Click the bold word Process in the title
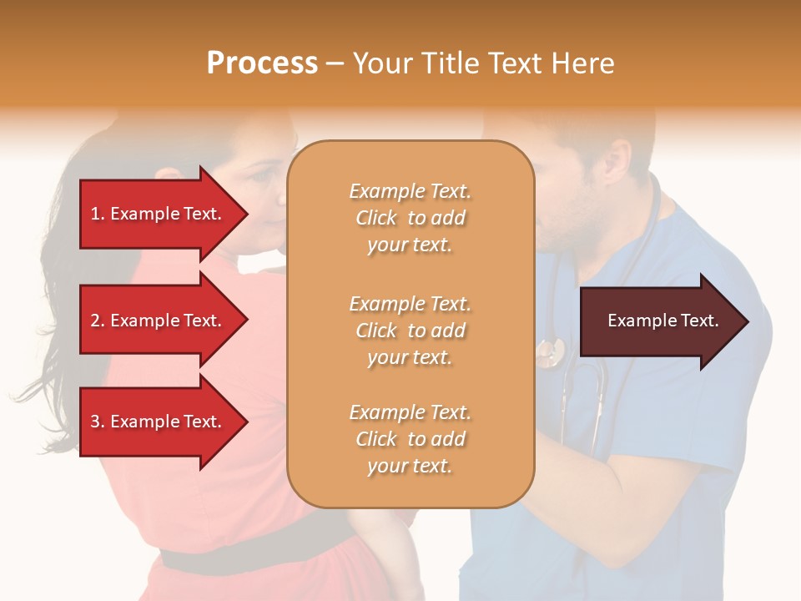tap(262, 63)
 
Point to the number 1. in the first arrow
tap(98, 214)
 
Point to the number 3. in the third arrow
tap(98, 422)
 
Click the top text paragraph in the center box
tap(410, 218)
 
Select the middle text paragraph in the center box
tap(410, 331)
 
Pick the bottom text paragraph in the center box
tap(410, 439)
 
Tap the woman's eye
tap(260, 177)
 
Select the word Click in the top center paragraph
tap(376, 218)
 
